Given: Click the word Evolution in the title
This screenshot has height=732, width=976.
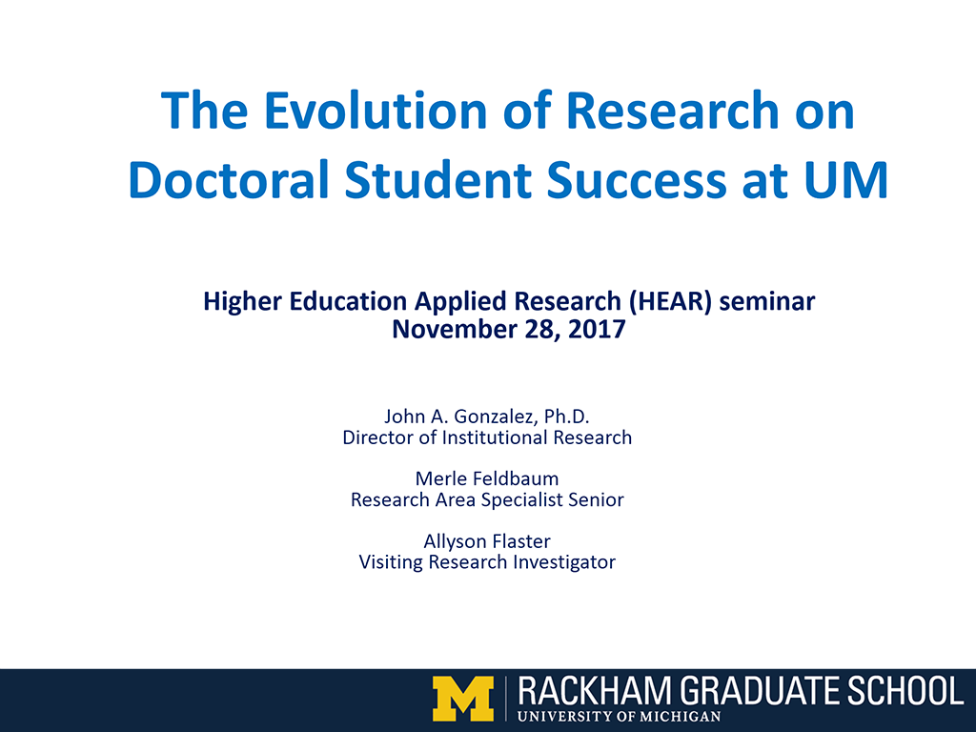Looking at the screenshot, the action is tap(376, 111).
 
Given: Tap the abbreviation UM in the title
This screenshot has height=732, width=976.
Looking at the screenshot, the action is tap(846, 180).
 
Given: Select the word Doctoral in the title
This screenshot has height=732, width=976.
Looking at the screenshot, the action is tap(229, 180).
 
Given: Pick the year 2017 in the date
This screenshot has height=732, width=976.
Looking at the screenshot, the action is tap(597, 329).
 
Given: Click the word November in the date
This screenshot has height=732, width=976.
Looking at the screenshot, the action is tap(455, 329).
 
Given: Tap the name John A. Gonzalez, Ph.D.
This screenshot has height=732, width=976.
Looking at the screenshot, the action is tap(487, 416).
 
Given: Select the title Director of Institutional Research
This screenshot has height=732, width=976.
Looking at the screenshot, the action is tap(487, 437).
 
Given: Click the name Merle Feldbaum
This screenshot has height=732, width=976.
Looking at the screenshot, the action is tap(487, 478).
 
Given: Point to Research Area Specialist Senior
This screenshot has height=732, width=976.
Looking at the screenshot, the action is tap(487, 499).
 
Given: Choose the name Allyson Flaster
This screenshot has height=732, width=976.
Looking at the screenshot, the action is tap(487, 541).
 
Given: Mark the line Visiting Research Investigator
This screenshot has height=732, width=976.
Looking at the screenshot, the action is tap(487, 562).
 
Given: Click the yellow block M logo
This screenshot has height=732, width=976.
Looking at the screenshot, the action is tap(463, 699).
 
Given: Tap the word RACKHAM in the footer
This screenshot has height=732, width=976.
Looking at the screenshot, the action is tap(595, 691).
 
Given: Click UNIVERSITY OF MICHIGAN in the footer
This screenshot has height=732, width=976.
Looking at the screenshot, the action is tap(619, 717).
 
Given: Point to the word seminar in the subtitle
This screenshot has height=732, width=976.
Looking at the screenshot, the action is tap(767, 301).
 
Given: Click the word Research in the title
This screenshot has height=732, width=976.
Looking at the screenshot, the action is tap(672, 111).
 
